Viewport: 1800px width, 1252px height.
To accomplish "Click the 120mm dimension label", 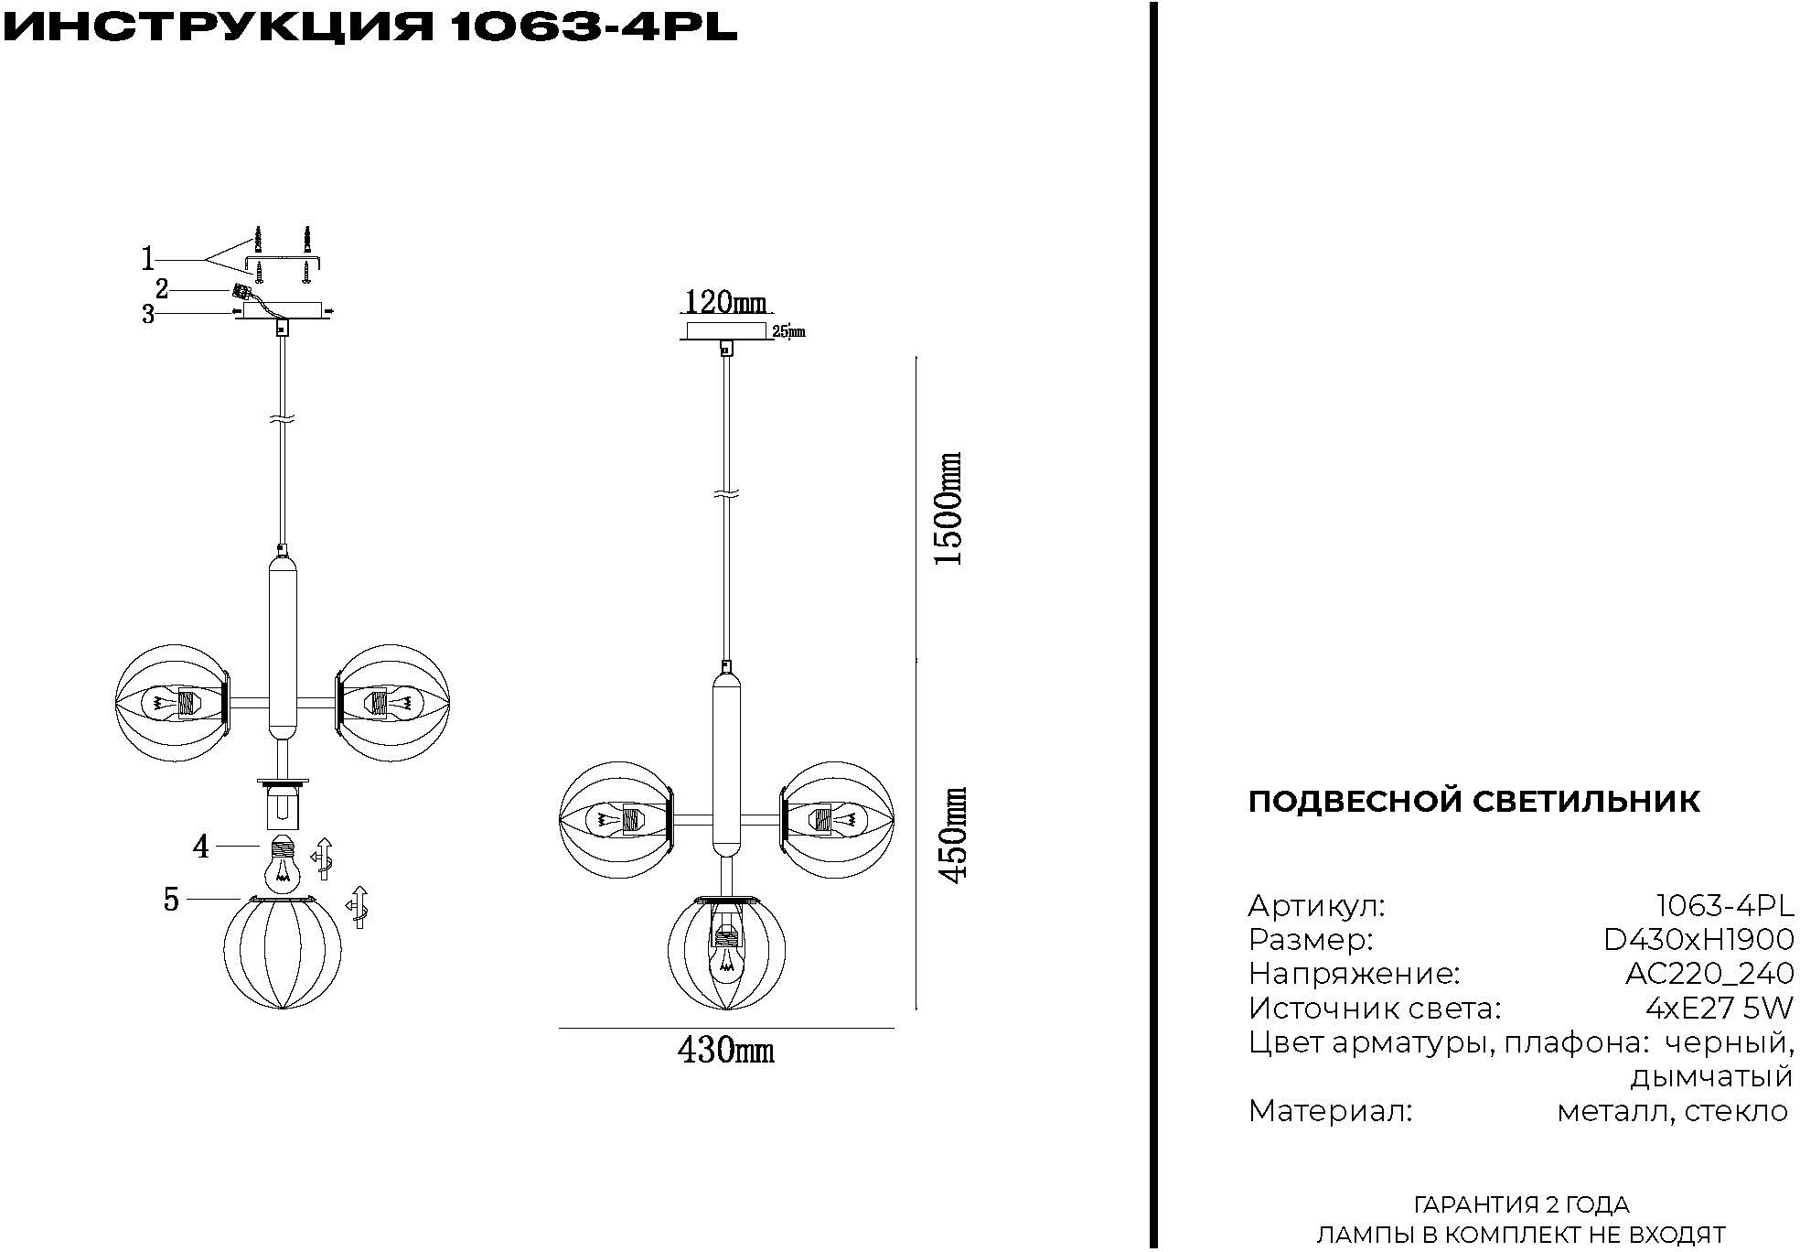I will [x=726, y=302].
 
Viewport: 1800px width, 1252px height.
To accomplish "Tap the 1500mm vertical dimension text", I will [x=950, y=509].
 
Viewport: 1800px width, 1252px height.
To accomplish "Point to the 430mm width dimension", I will [x=725, y=1050].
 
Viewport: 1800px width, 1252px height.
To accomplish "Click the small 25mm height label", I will [x=788, y=332].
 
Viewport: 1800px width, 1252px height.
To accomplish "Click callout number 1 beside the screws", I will [x=148, y=260].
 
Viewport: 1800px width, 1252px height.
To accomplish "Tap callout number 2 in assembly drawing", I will [x=162, y=289].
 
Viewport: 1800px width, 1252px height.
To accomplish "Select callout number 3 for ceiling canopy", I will [x=148, y=315].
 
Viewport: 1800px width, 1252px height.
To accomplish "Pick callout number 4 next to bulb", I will [x=200, y=847].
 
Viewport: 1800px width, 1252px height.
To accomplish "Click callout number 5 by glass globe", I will [x=171, y=900].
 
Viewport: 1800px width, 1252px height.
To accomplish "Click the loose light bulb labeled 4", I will [x=284, y=863].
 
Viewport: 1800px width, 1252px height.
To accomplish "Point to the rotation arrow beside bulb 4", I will [x=323, y=858].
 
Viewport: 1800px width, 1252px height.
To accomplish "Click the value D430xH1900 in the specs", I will [x=1698, y=940].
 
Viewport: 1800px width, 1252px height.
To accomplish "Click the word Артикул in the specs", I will [x=1316, y=906].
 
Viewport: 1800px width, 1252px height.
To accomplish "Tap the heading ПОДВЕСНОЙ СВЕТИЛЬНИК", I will [x=1473, y=801].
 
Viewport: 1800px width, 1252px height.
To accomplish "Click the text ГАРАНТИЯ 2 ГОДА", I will [x=1521, y=1204].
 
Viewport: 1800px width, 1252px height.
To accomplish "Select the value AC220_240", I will [x=1709, y=974].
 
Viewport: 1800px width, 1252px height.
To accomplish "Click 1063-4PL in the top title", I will [x=594, y=27].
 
